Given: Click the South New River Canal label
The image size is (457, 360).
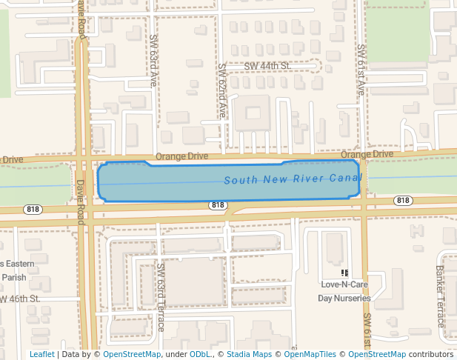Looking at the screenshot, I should click(x=293, y=180).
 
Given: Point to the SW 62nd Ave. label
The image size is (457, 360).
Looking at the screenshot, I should click(x=222, y=90).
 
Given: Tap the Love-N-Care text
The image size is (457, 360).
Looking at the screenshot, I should click(x=344, y=284).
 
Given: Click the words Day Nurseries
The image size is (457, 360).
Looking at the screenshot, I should click(x=344, y=299).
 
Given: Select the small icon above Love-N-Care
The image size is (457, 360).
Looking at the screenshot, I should click(x=344, y=273).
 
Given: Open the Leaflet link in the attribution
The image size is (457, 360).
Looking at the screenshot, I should click(x=41, y=354).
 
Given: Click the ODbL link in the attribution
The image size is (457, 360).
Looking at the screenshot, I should click(x=199, y=354).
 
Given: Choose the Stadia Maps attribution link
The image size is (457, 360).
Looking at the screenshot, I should click(x=248, y=354).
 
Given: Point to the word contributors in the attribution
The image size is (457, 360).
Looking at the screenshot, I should click(x=430, y=354).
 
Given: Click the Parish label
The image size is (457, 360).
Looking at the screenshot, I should click(x=14, y=277).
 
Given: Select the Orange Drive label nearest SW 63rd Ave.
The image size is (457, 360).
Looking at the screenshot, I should click(x=181, y=157).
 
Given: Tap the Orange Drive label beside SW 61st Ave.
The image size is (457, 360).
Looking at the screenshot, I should click(x=367, y=154).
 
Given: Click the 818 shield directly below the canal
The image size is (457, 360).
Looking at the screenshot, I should click(x=217, y=205).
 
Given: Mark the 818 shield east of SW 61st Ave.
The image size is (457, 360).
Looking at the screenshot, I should click(x=403, y=201).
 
